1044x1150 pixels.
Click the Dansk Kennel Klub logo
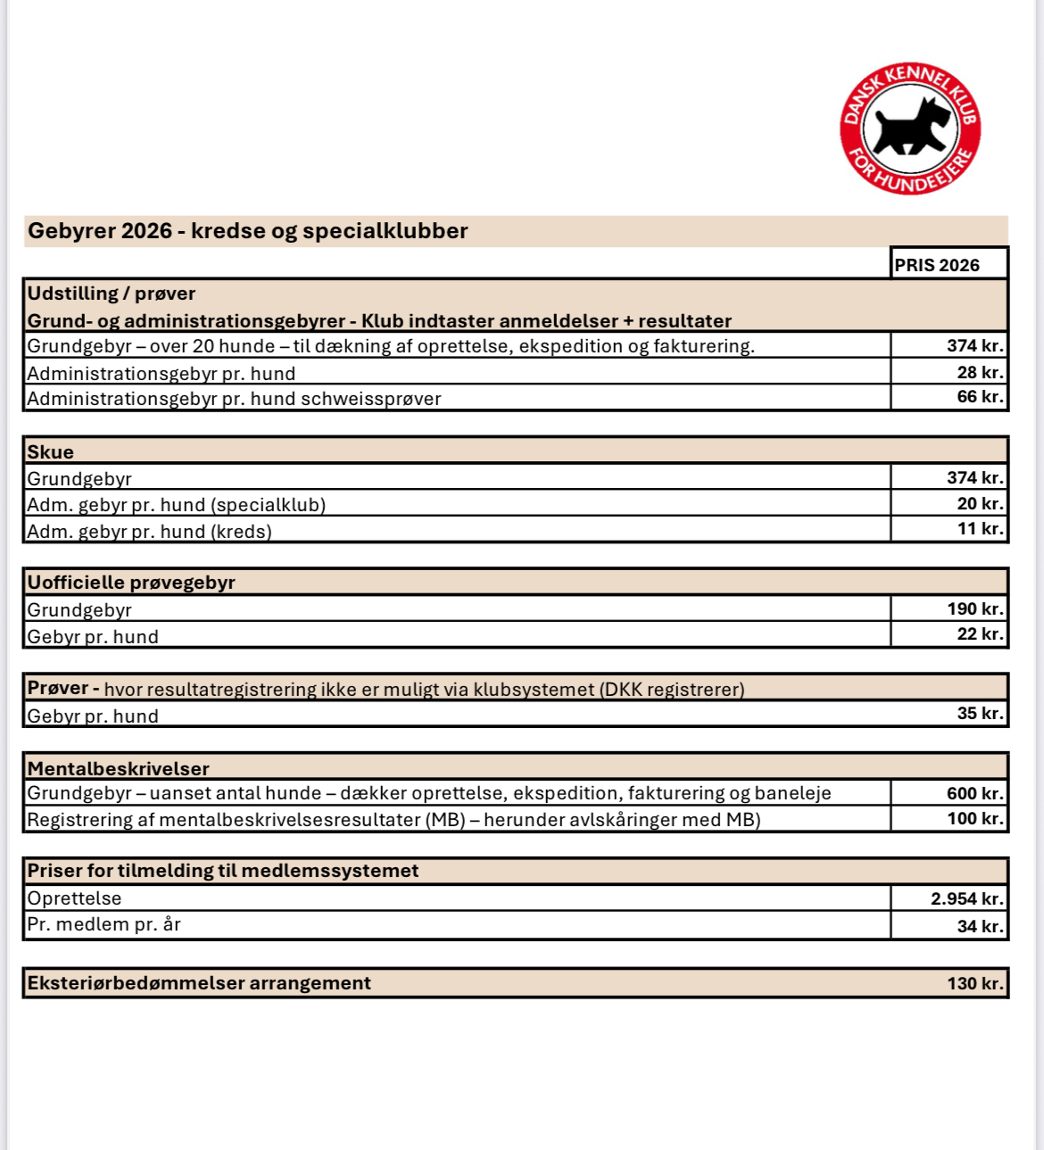point(910,128)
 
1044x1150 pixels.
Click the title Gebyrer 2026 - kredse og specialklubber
point(248,231)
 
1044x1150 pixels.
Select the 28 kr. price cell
point(980,372)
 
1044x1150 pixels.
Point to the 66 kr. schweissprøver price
point(980,397)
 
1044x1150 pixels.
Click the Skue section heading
point(51,451)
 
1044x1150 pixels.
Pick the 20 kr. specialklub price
point(980,504)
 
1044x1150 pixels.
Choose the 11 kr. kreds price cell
point(980,529)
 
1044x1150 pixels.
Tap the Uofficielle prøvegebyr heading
point(131,583)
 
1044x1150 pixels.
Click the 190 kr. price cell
point(975,609)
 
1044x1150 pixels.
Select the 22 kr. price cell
point(980,634)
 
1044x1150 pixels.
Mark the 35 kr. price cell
point(980,714)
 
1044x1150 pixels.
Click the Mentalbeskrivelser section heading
point(119,768)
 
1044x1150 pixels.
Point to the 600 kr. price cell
point(975,793)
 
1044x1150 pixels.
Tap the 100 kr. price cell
point(975,819)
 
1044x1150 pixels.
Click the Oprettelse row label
point(74,898)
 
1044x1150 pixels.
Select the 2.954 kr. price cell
point(967,898)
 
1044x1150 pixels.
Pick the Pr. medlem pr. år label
point(104,924)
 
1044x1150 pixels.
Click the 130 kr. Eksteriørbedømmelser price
point(975,983)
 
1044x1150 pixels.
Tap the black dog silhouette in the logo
point(910,128)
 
